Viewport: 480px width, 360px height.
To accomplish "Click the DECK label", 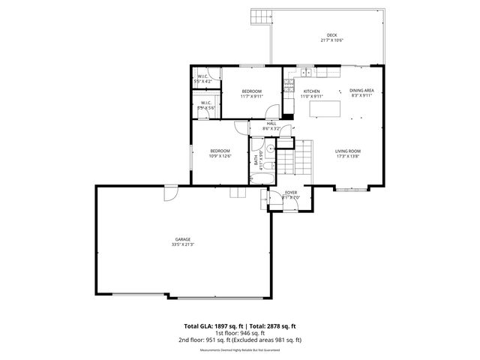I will (x=331, y=36).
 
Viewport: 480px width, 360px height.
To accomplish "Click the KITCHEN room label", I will (x=311, y=91).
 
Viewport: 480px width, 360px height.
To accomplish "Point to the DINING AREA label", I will (x=361, y=91).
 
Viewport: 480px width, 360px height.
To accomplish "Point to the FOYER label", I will (x=290, y=193).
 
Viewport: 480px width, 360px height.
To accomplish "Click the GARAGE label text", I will (x=182, y=239).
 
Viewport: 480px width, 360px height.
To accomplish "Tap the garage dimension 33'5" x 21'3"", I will (x=182, y=244).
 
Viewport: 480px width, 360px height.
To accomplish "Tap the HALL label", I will (x=271, y=124).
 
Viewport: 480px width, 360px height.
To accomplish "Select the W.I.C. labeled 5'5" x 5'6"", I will (x=205, y=106).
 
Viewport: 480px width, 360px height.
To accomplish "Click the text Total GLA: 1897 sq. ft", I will (x=212, y=326).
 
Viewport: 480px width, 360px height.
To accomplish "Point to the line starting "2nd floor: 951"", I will (x=240, y=340).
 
